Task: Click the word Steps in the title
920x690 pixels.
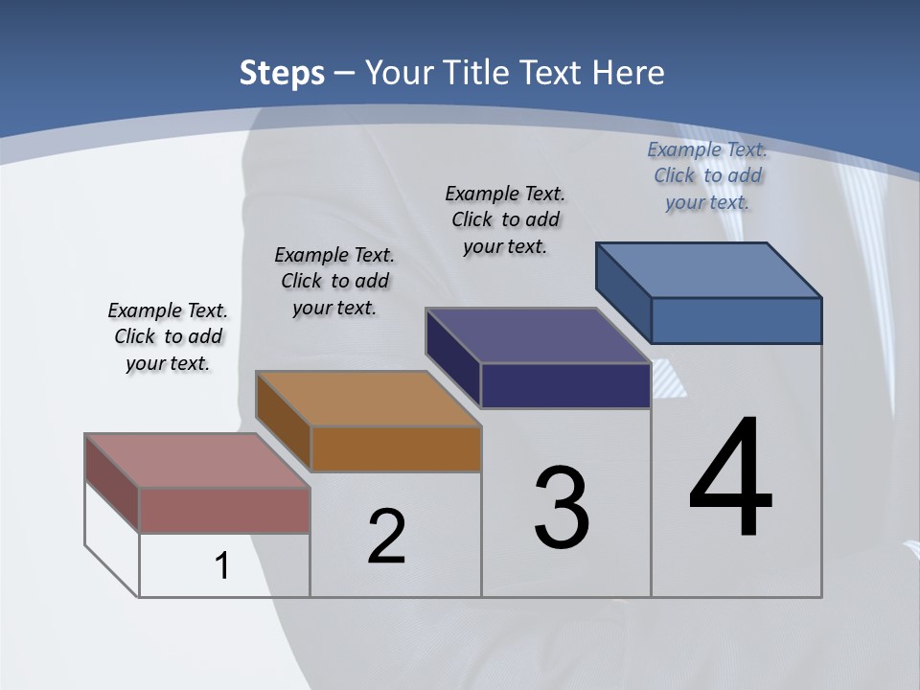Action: pos(282,73)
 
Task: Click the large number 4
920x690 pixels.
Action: pos(730,479)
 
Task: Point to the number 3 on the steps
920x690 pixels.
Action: pos(562,508)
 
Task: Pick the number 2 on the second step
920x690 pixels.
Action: pos(386,537)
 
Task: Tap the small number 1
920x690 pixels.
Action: pos(222,565)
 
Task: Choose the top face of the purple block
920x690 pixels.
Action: pos(538,335)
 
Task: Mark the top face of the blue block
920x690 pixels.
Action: pos(708,269)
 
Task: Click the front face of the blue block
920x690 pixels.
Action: pos(736,320)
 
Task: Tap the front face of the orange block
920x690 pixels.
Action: pos(396,448)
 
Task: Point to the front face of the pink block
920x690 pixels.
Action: pos(224,510)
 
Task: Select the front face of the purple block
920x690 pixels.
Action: pos(565,385)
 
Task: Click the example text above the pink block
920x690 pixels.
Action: pos(168,336)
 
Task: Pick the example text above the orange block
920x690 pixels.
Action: pos(334,281)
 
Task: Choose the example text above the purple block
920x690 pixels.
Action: pos(505,219)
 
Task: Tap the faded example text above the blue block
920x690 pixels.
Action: pos(707,175)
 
